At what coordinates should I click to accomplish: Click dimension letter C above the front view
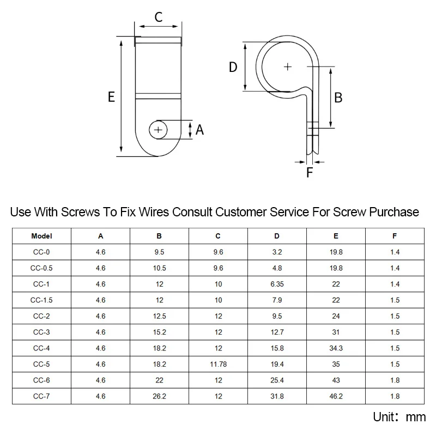pyautogui.click(x=159, y=17)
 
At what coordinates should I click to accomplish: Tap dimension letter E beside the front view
pyautogui.click(x=111, y=97)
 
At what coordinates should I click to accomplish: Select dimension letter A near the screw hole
pyautogui.click(x=199, y=130)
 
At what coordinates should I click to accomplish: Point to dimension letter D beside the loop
pyautogui.click(x=233, y=67)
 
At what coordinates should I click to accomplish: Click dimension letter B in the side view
pyautogui.click(x=338, y=98)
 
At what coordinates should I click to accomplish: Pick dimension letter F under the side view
pyautogui.click(x=310, y=172)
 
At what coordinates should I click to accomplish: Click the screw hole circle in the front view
pyautogui.click(x=158, y=130)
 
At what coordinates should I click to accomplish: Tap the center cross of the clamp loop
pyautogui.click(x=288, y=66)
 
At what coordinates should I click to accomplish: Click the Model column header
pyautogui.click(x=41, y=236)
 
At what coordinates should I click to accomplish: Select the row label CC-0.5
pyautogui.click(x=41, y=268)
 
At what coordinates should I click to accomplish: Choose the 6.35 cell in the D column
pyautogui.click(x=277, y=284)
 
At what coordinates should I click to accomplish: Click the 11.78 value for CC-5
pyautogui.click(x=219, y=364)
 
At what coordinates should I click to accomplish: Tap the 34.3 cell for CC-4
pyautogui.click(x=336, y=348)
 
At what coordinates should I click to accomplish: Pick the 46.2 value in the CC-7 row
pyautogui.click(x=336, y=396)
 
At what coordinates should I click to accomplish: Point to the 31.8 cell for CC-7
pyautogui.click(x=277, y=396)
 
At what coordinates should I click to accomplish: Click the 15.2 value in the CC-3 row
pyautogui.click(x=159, y=332)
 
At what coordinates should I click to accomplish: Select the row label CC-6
pyautogui.click(x=41, y=380)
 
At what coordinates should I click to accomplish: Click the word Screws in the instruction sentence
pyautogui.click(x=80, y=212)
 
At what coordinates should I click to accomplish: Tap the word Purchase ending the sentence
pyautogui.click(x=394, y=212)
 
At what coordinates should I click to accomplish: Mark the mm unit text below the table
pyautogui.click(x=416, y=417)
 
